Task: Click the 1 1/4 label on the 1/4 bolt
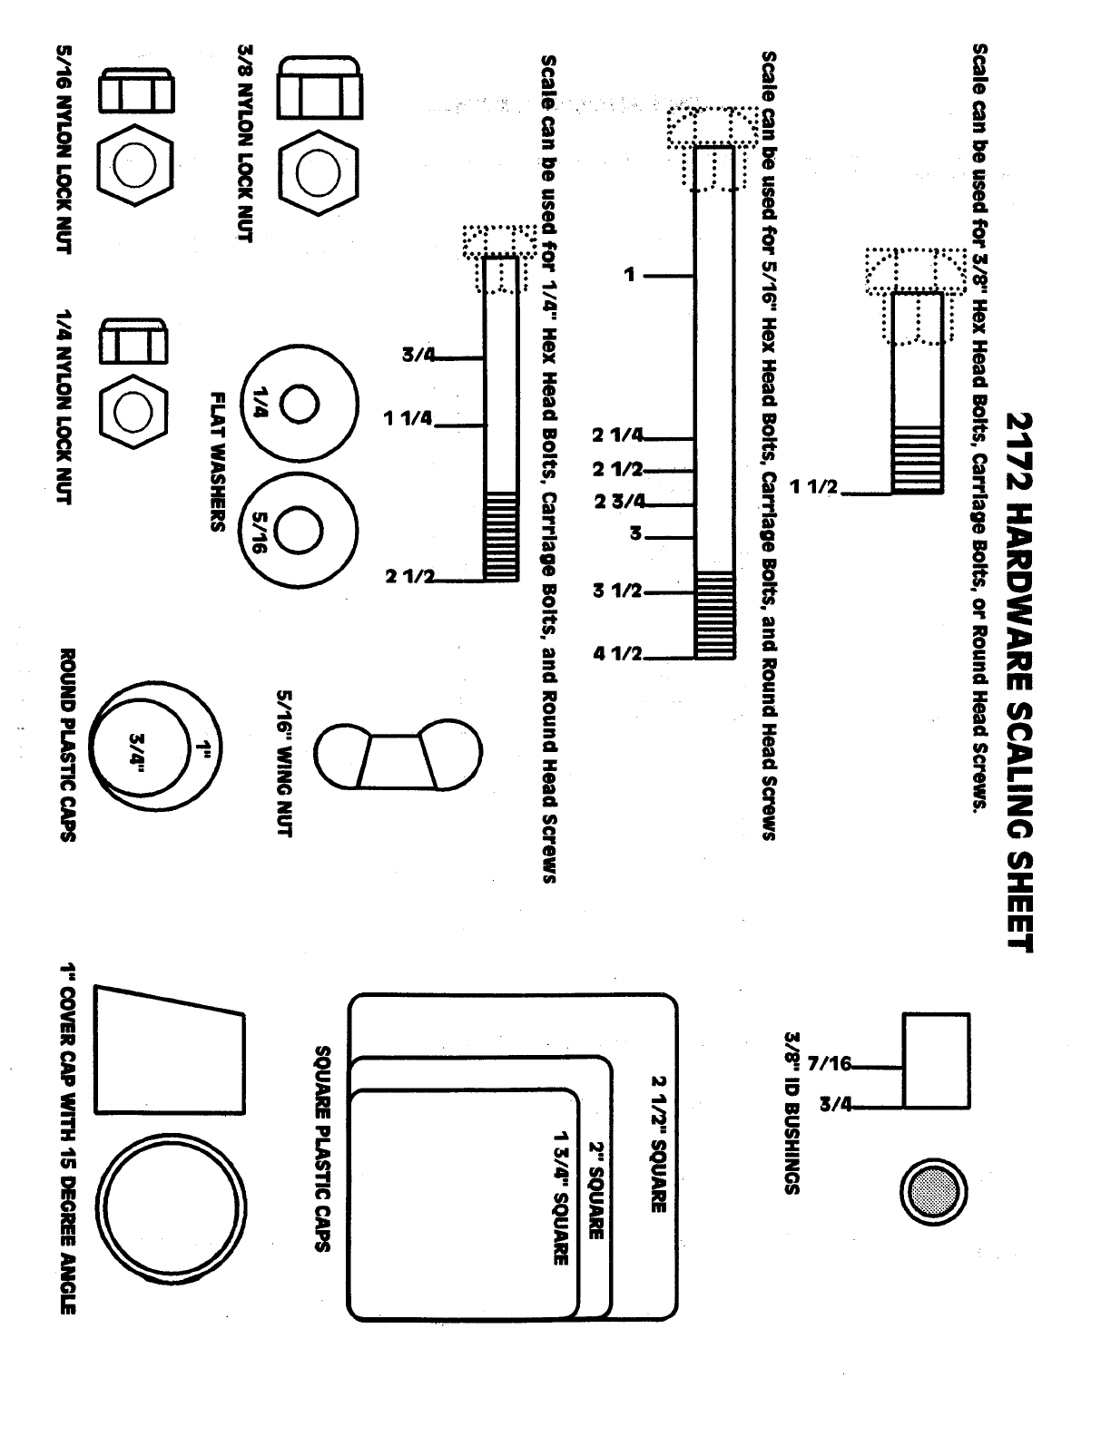[x=410, y=419]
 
